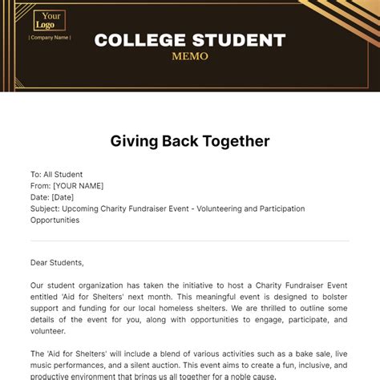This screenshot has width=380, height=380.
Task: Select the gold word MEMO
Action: click(190, 56)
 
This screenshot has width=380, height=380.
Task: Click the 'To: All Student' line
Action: click(56, 174)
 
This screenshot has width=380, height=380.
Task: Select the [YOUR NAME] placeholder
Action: click(79, 185)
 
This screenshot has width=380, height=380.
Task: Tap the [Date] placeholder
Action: click(63, 197)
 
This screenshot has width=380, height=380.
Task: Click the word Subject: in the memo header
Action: click(45, 208)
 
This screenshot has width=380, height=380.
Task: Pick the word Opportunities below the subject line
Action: click(55, 220)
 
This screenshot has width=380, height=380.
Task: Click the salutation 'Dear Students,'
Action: click(57, 261)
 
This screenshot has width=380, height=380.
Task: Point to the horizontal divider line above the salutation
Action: click(190, 241)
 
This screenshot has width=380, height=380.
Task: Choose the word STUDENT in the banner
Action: click(240, 40)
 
